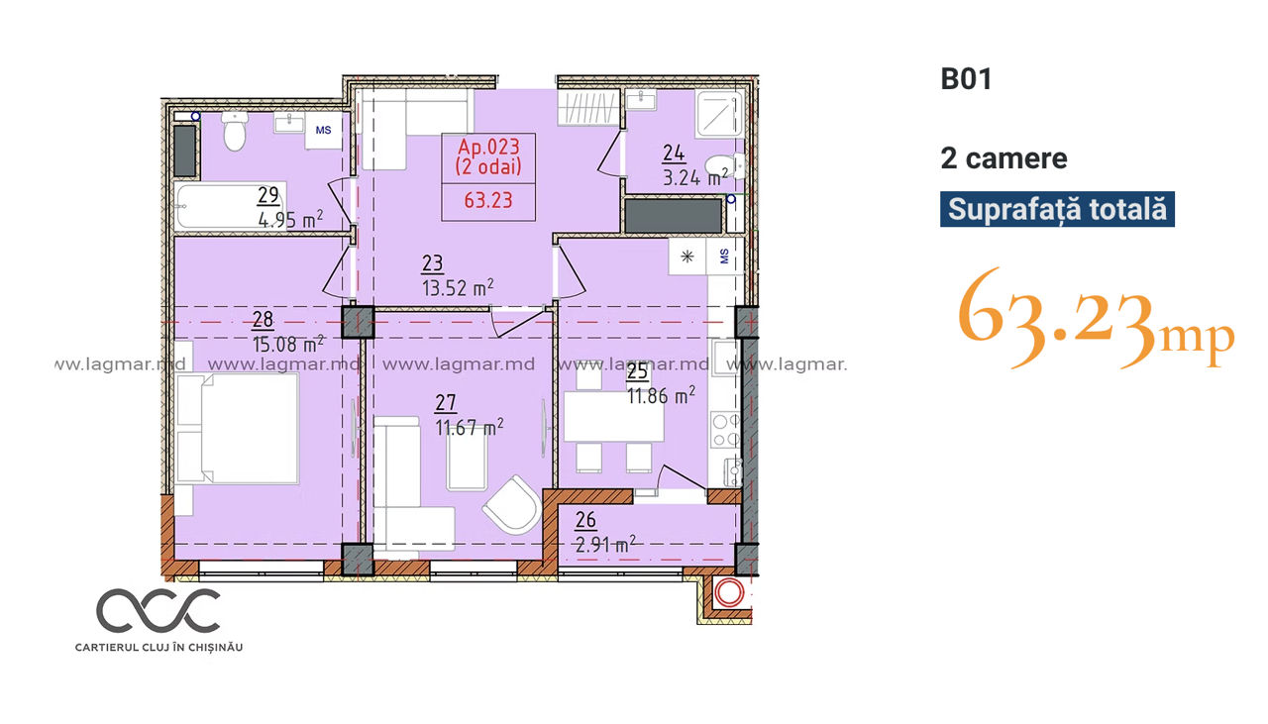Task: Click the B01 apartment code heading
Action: pyautogui.click(x=966, y=79)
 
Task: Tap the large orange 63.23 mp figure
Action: pyautogui.click(x=1096, y=318)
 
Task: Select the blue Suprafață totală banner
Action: pyautogui.click(x=1057, y=209)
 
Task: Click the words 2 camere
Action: pyautogui.click(x=1004, y=158)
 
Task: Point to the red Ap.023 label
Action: pyautogui.click(x=488, y=148)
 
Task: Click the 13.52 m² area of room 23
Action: pyautogui.click(x=458, y=287)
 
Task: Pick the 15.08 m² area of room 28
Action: pyautogui.click(x=288, y=344)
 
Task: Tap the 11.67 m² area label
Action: pyautogui.click(x=470, y=427)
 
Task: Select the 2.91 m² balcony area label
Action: pyautogui.click(x=605, y=545)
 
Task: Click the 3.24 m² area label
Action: pyautogui.click(x=695, y=177)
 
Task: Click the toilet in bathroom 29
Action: pyautogui.click(x=235, y=131)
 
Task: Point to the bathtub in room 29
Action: pyautogui.click(x=229, y=206)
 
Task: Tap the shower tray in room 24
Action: pyautogui.click(x=719, y=114)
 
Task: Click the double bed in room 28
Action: pyautogui.click(x=237, y=428)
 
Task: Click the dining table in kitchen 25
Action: pyautogui.click(x=614, y=416)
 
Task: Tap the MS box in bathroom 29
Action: pyautogui.click(x=323, y=130)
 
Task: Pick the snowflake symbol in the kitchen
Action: pyautogui.click(x=687, y=257)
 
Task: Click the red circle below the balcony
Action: pyautogui.click(x=728, y=592)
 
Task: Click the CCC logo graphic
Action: pyautogui.click(x=158, y=611)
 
